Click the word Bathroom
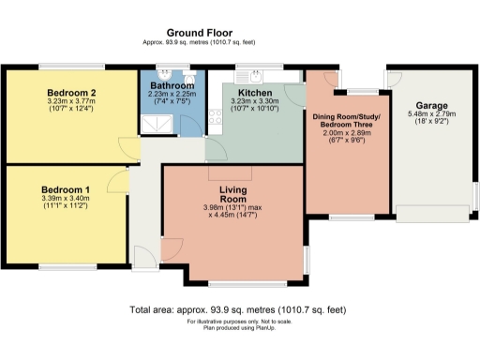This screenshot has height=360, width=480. (x=172, y=85)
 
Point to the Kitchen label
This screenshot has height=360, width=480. (x=254, y=94)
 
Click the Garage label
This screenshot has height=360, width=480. (x=432, y=105)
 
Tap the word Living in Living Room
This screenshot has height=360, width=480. (x=232, y=190)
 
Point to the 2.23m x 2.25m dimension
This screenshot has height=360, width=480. (x=172, y=95)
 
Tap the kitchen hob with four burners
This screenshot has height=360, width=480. (x=215, y=116)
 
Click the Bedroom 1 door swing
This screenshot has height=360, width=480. (x=120, y=181)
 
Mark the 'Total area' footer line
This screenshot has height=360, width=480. (x=238, y=309)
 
